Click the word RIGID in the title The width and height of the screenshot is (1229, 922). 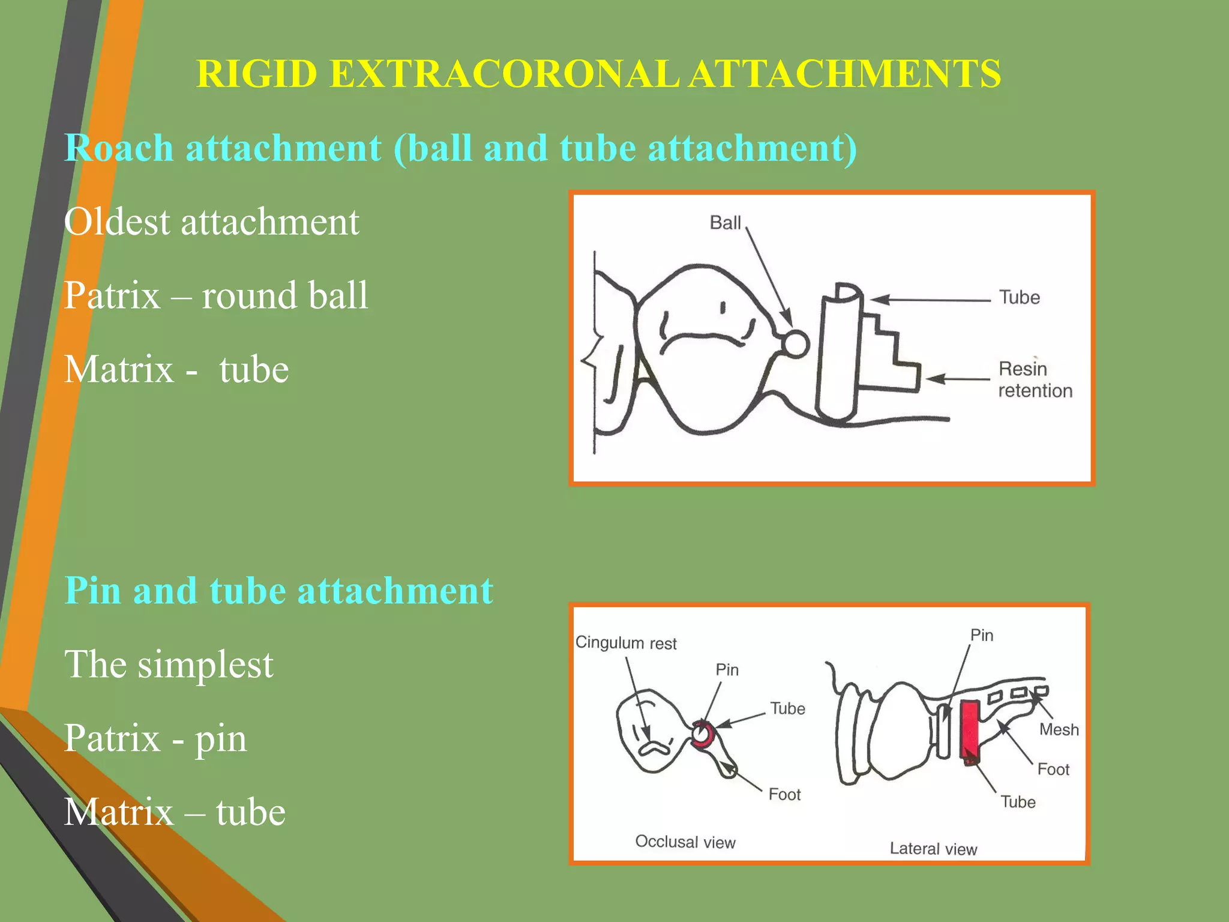coord(256,74)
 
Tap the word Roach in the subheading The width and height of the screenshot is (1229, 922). coord(119,148)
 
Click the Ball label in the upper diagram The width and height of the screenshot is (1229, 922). coord(725,223)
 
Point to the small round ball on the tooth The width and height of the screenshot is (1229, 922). coord(796,344)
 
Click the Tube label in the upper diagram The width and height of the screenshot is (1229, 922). coord(1019,297)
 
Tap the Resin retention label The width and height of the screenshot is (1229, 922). coord(1035,379)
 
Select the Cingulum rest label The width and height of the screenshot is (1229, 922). coord(625,643)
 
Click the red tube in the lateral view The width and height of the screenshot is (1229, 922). coord(969,731)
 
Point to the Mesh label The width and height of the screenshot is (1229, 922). coord(1059,729)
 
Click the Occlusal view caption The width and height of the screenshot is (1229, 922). coord(685,842)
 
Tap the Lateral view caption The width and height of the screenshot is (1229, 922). coord(933,848)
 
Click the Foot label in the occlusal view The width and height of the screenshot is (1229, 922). coord(784,794)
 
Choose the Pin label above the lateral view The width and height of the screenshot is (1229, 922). coord(982,635)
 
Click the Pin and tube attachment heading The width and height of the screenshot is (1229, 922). coord(278,590)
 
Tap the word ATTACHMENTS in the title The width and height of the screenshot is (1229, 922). coord(844,74)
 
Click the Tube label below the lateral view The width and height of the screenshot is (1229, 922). coord(1018,801)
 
